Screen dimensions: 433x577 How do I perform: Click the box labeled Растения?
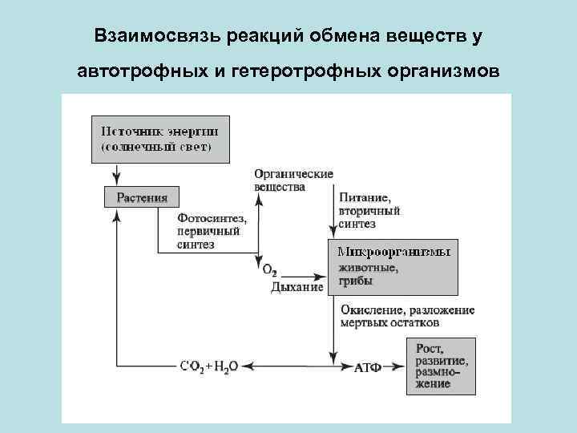coord(142,196)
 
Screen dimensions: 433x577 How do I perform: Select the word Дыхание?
coord(297,286)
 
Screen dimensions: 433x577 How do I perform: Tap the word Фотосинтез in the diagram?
coord(212,218)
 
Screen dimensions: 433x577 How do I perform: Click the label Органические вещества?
coord(293,180)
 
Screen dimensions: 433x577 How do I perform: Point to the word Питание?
coord(365,197)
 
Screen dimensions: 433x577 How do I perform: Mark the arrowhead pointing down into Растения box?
coord(117,181)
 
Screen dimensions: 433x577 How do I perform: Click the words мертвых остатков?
coord(389,324)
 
